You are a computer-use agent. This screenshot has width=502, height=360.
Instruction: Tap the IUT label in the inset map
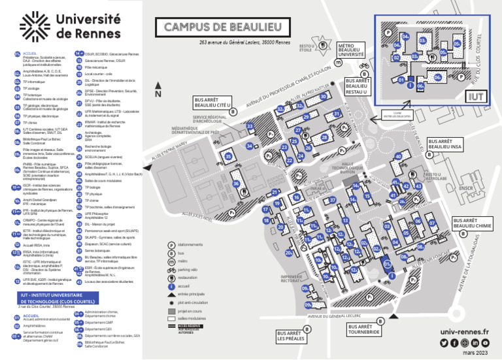(475, 96)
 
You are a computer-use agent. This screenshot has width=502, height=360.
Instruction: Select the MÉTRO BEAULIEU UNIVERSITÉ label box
(350, 51)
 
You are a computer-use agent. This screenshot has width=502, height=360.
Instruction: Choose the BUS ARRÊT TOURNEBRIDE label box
(363, 329)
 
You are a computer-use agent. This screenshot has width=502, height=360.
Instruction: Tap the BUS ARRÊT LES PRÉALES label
(291, 335)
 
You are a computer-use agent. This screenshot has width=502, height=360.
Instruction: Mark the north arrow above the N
(158, 82)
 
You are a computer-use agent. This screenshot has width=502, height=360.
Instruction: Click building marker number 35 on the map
(228, 156)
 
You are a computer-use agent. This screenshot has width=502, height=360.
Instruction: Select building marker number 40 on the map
(397, 157)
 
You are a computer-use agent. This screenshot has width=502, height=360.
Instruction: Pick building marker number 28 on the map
(324, 138)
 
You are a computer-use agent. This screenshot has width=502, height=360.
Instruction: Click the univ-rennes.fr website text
(465, 332)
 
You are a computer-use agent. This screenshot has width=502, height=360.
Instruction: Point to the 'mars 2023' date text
(475, 353)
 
